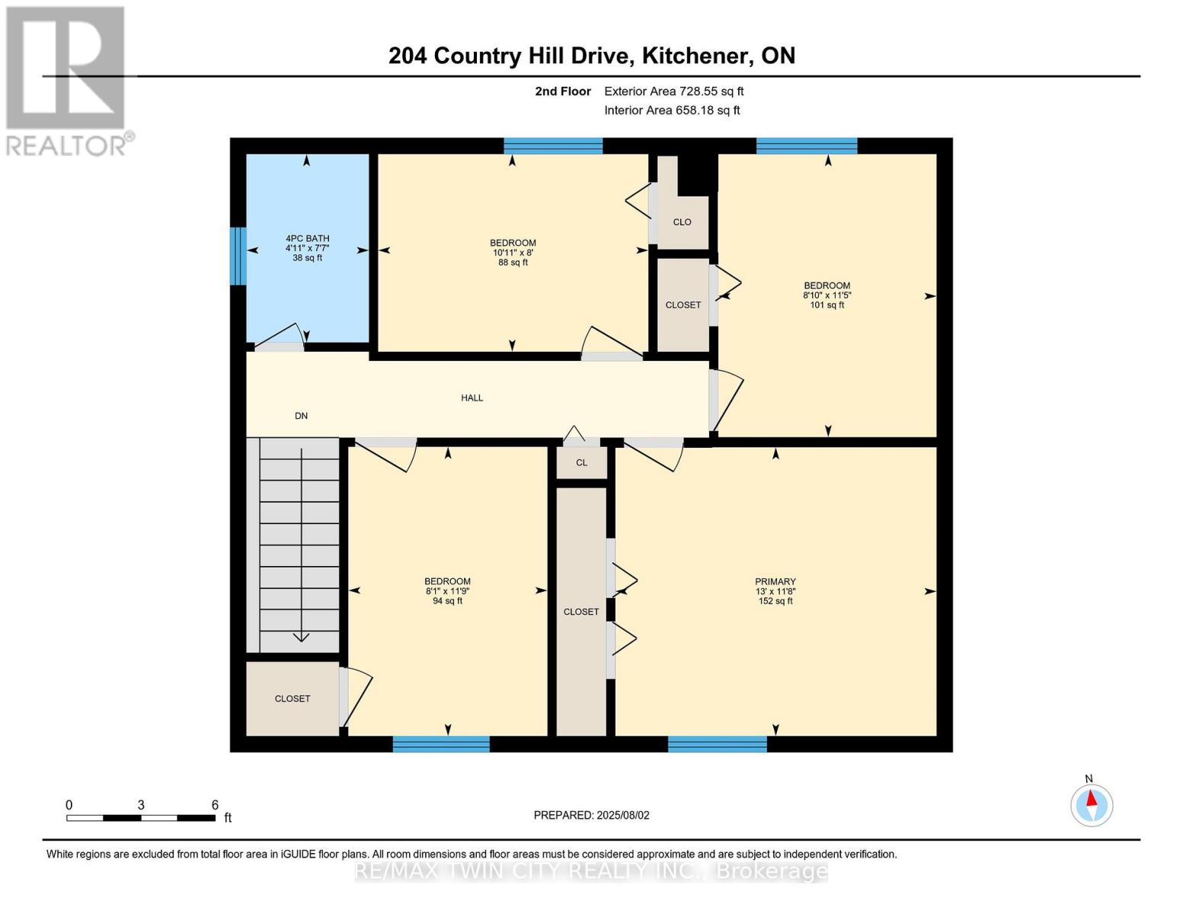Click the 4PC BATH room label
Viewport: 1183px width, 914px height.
(307, 238)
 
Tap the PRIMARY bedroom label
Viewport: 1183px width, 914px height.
(775, 582)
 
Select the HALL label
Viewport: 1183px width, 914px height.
(472, 398)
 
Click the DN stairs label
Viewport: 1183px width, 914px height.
(301, 416)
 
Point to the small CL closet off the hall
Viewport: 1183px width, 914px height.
(581, 462)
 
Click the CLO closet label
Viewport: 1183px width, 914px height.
(682, 222)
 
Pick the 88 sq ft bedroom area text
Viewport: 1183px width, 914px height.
(513, 263)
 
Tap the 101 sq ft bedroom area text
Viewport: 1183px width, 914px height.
(827, 305)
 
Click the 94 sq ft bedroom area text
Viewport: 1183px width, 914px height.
(447, 601)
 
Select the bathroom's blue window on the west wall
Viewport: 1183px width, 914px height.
(238, 256)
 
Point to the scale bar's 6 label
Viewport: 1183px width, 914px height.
(215, 805)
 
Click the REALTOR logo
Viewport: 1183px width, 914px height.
(66, 80)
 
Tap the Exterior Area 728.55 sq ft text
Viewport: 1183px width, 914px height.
(673, 91)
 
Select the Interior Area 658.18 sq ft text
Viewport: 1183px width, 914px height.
(672, 110)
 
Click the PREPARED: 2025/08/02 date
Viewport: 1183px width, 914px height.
(591, 815)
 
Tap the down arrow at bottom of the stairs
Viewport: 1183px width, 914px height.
(301, 637)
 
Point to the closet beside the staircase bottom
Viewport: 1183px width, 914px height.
(293, 698)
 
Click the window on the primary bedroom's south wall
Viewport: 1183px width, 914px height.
(717, 744)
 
